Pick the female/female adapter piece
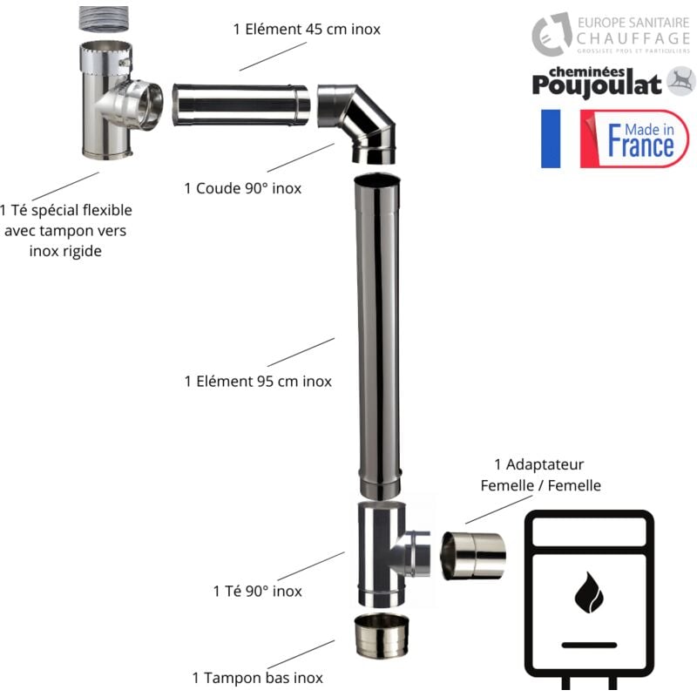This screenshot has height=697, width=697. tap(473, 555)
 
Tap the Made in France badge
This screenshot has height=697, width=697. tap(634, 139)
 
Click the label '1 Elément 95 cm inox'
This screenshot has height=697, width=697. tap(258, 381)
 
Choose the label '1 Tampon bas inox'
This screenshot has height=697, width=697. tap(257, 677)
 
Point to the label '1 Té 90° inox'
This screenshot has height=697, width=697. tap(258, 591)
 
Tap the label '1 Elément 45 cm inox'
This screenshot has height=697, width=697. tap(307, 29)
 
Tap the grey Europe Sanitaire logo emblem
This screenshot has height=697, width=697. tap(552, 33)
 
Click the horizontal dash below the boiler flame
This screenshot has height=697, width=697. tap(588, 645)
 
